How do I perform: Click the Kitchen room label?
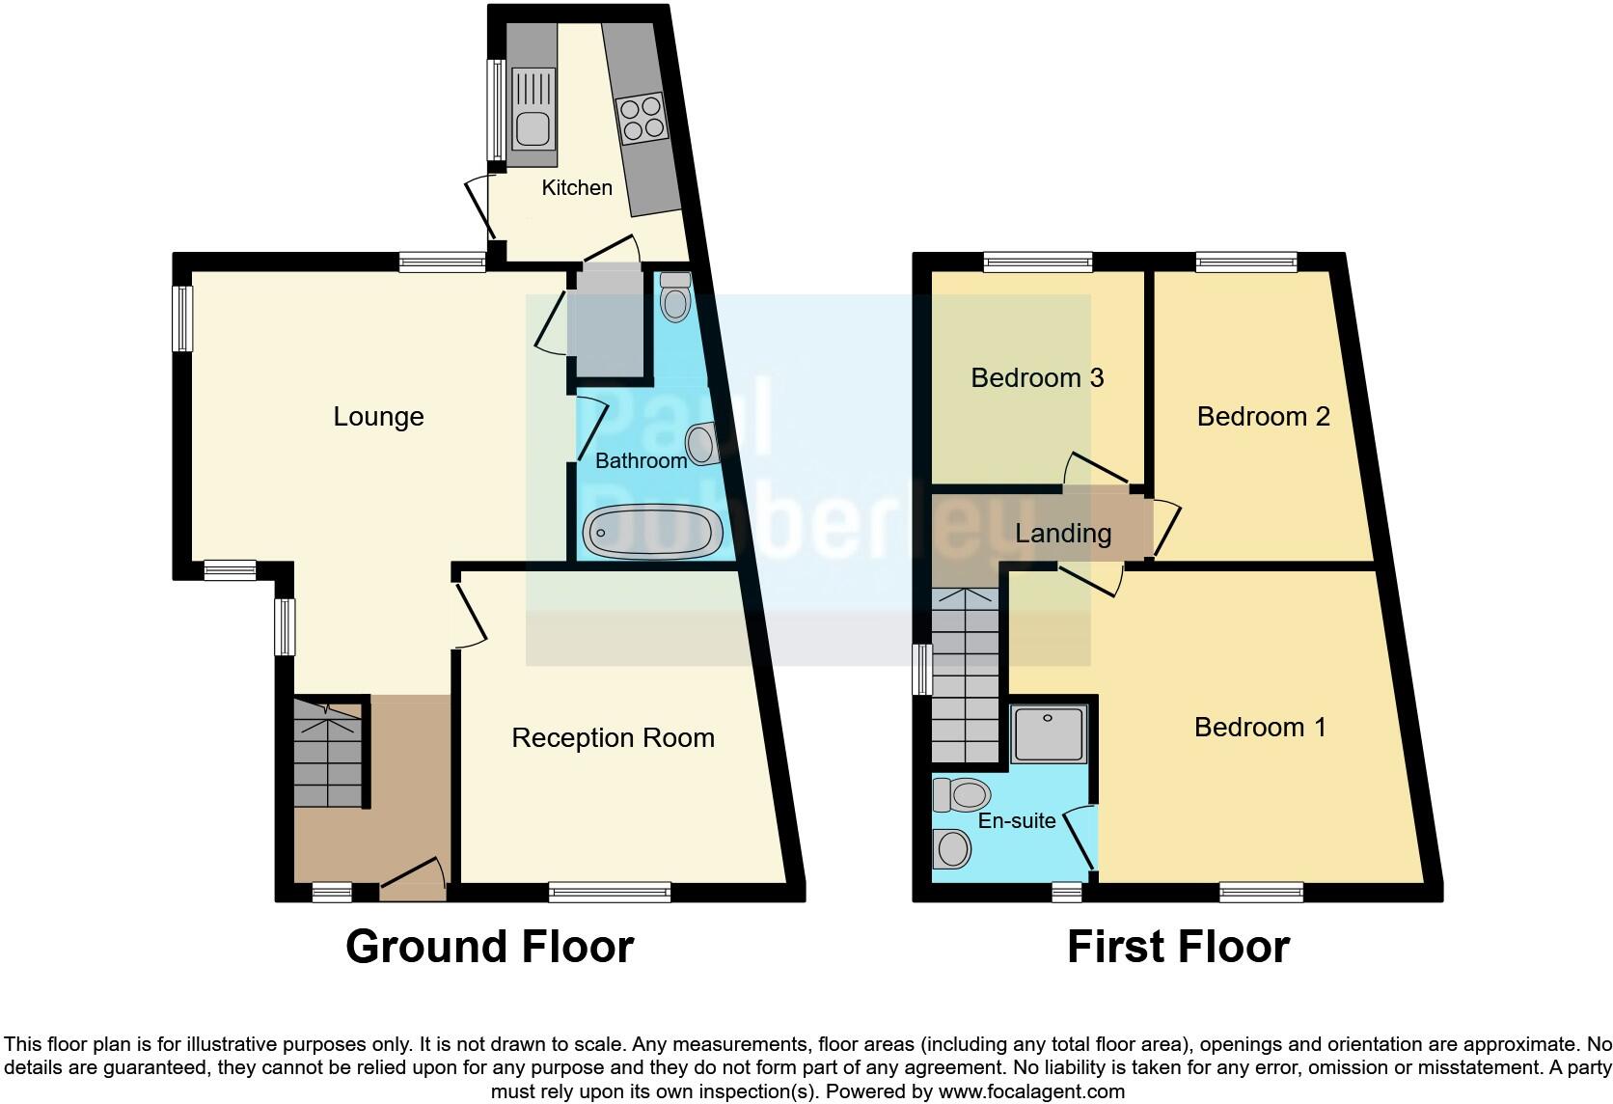tap(577, 188)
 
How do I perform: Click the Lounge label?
tap(378, 417)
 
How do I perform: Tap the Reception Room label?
tap(613, 738)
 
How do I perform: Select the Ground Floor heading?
tap(489, 947)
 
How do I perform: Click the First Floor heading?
tap(1178, 947)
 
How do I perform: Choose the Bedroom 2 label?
tap(1263, 416)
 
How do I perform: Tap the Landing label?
tap(1063, 533)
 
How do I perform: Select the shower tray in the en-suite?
tap(1049, 734)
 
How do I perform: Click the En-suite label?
tap(1017, 820)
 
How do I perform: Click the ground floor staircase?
tap(328, 753)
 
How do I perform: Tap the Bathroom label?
tap(641, 461)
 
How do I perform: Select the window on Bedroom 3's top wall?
tap(1038, 261)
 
